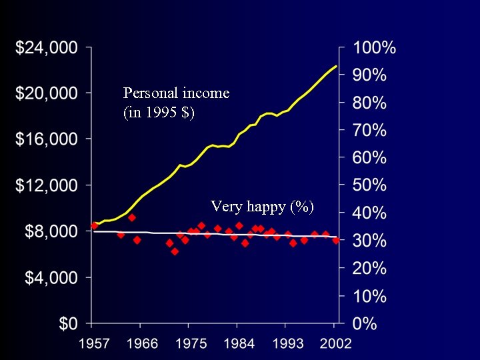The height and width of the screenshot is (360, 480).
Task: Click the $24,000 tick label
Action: click(47, 48)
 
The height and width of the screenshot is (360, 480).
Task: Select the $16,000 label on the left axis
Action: click(47, 139)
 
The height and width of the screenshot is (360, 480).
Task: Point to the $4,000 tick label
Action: click(51, 277)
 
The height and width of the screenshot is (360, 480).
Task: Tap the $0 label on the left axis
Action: click(67, 324)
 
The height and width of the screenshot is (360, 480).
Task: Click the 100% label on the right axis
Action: click(375, 48)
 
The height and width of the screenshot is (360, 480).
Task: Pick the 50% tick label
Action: click(370, 186)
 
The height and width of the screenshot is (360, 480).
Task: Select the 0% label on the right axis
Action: click(365, 324)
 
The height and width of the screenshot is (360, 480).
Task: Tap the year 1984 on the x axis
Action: click(239, 344)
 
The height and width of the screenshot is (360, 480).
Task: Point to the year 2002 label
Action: click(335, 344)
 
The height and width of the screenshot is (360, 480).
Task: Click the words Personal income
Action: click(176, 93)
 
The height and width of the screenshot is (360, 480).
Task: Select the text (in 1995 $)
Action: click(159, 112)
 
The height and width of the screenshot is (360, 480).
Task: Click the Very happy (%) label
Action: click(262, 206)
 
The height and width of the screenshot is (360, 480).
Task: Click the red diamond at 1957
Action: click(94, 225)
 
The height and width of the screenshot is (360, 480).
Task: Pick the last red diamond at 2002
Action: click(336, 240)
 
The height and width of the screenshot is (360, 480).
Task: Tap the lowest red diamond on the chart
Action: click(175, 251)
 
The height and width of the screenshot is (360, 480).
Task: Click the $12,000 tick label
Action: click(47, 185)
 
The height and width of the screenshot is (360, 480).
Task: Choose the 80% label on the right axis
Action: click(370, 103)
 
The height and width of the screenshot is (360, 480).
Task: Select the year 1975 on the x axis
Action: click(190, 344)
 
